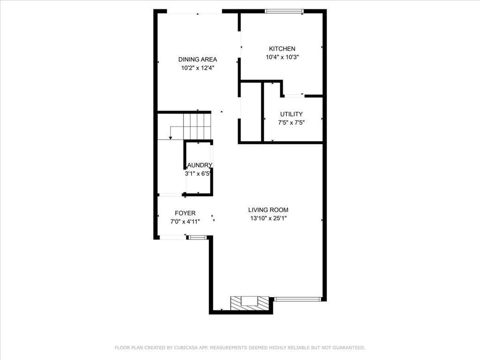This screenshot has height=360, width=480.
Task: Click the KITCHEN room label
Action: click(282, 49)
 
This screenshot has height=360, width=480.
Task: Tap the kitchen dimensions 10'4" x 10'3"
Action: click(282, 57)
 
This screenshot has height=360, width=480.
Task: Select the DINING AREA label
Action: click(197, 60)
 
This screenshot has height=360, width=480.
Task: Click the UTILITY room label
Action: click(291, 114)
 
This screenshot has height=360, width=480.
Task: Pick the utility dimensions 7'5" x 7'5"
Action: click(291, 123)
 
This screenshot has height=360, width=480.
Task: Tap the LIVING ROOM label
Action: click(268, 210)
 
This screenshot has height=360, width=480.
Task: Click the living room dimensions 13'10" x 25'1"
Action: click(268, 218)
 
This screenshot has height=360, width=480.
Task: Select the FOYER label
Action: click(185, 213)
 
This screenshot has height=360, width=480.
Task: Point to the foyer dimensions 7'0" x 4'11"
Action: click(185, 222)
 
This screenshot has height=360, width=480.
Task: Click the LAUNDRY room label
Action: click(199, 165)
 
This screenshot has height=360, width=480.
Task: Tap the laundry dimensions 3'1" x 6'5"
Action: click(199, 173)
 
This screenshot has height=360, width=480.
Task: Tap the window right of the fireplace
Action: click(297, 299)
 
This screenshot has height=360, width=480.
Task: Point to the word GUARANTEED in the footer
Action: click(347, 348)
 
